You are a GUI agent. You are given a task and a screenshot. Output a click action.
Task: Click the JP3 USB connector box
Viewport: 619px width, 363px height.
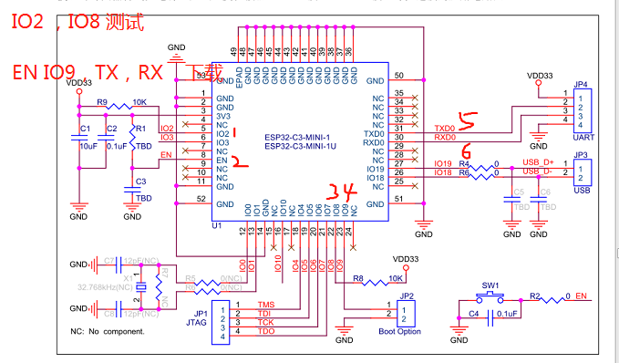tap(582, 171)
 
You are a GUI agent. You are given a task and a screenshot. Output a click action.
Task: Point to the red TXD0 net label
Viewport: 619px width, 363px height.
tap(445, 129)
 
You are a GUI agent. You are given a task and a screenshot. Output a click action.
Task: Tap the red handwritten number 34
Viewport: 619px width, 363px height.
tap(339, 192)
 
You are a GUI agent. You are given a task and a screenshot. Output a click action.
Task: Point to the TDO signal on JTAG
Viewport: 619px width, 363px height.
tap(265, 331)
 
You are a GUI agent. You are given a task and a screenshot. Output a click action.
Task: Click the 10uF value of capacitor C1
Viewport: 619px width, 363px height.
tap(88, 146)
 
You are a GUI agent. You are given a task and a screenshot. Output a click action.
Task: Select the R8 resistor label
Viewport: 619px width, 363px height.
tap(358, 276)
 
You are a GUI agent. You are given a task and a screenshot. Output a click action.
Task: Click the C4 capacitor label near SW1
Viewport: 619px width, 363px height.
tap(473, 316)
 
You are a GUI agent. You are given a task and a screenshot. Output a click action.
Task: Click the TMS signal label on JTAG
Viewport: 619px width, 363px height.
tap(265, 304)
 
